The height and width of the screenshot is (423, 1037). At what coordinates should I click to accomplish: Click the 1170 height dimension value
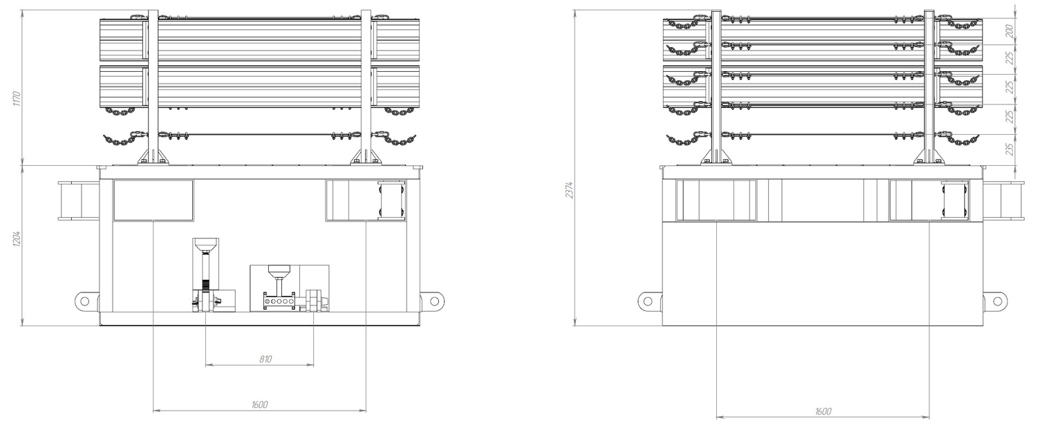point(17,99)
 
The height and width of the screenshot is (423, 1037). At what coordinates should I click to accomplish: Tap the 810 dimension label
point(265,359)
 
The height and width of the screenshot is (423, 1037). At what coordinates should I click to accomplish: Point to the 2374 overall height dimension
point(570,190)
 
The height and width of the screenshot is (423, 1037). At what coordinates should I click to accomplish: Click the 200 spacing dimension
point(1010,31)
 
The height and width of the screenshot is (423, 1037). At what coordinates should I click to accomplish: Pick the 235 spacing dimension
point(1010,149)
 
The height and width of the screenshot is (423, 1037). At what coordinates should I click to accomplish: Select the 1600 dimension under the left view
point(260,404)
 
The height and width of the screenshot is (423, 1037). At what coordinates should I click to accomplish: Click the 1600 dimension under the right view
point(823,411)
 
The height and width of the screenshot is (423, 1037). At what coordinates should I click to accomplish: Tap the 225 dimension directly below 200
point(1010,58)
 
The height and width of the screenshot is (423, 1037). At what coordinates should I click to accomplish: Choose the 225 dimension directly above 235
point(1010,116)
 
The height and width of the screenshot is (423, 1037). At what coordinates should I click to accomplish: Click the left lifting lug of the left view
point(86,301)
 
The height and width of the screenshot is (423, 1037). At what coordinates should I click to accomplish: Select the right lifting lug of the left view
point(432,301)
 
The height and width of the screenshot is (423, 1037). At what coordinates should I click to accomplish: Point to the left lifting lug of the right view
point(650,302)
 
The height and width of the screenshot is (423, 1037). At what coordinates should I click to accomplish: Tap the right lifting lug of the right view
point(995,302)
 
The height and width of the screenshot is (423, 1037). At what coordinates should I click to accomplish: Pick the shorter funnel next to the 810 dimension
point(279,270)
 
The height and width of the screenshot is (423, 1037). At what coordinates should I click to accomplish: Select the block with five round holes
point(279,301)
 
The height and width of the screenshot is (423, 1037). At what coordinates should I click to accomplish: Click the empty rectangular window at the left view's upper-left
point(153,200)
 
